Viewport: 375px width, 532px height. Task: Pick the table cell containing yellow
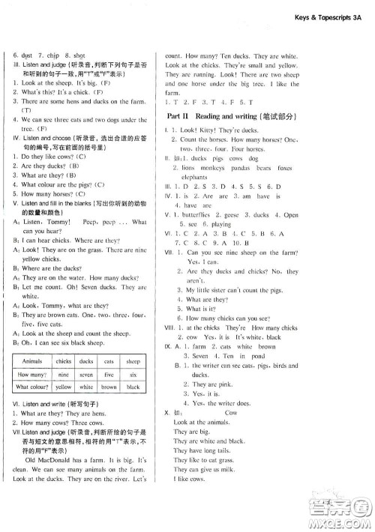click(x=64, y=408)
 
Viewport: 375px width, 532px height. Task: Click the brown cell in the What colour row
click(x=109, y=408)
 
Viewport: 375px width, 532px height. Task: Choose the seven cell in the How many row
click(x=86, y=395)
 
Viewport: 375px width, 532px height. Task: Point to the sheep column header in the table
click(x=133, y=381)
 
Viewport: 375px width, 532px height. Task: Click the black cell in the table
click(x=133, y=408)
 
